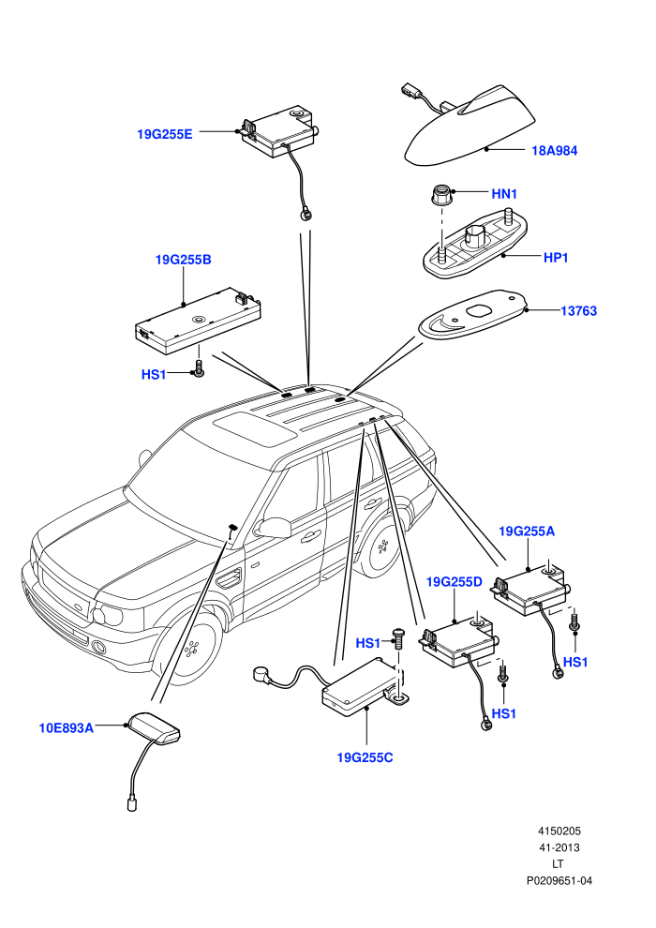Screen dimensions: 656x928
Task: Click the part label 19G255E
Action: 164,134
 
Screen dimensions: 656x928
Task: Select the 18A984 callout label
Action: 554,150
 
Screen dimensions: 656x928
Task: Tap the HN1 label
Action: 504,193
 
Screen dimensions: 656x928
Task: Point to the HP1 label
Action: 556,258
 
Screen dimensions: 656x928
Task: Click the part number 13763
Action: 578,310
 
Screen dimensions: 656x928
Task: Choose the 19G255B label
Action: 184,260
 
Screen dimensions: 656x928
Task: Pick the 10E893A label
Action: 67,728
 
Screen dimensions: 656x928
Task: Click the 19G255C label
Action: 365,757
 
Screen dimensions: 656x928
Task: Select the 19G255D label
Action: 455,582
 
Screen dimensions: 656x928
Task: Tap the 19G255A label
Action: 527,531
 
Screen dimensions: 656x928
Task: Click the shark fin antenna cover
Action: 470,126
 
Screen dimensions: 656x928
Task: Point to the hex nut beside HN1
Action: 440,195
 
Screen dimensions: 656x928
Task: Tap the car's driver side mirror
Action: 274,527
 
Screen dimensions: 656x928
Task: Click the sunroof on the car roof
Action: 256,429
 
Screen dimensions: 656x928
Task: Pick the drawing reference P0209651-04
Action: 559,880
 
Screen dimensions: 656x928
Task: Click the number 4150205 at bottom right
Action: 559,831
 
